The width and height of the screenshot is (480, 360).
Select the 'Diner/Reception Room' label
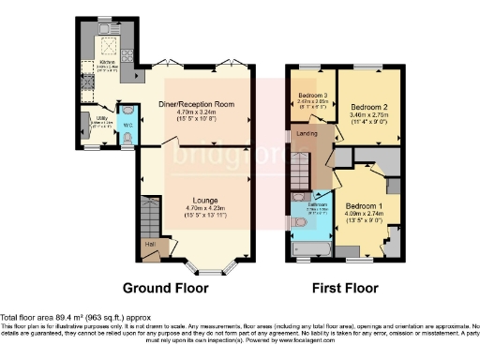[x=197, y=104]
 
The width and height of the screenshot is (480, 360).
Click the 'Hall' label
[x=150, y=245]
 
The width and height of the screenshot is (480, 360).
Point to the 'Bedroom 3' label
[x=312, y=96]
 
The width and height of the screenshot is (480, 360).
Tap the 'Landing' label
[x=307, y=134]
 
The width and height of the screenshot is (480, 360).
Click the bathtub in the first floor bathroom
[x=308, y=249]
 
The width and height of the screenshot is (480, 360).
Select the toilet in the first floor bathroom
[x=299, y=223]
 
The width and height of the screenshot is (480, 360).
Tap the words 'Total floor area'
[x=28, y=318]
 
